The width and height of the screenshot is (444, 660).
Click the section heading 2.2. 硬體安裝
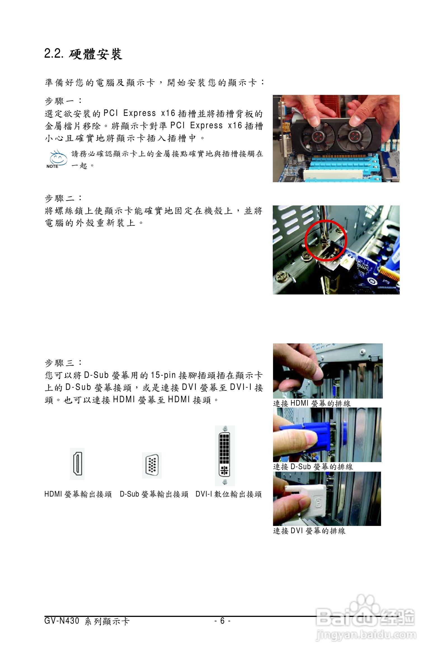pos(83,54)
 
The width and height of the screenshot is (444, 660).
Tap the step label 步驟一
pos(63,101)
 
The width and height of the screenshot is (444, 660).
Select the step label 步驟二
pos(63,198)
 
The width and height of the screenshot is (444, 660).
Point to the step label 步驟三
pos(63,362)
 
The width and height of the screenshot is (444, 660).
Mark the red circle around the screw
pos(326,240)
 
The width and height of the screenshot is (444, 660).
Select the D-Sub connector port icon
pos(152,465)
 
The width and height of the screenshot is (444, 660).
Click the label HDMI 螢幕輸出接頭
pos(78,494)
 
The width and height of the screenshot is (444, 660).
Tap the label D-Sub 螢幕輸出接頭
pos(154,494)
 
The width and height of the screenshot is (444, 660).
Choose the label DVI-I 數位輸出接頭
pos(228,494)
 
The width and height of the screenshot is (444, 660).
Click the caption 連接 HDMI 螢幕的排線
pos(312,403)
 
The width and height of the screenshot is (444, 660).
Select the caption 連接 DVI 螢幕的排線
pos(309,531)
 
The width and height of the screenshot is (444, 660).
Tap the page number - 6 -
pos(222,621)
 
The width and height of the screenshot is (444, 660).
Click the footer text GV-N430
pos(62,621)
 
